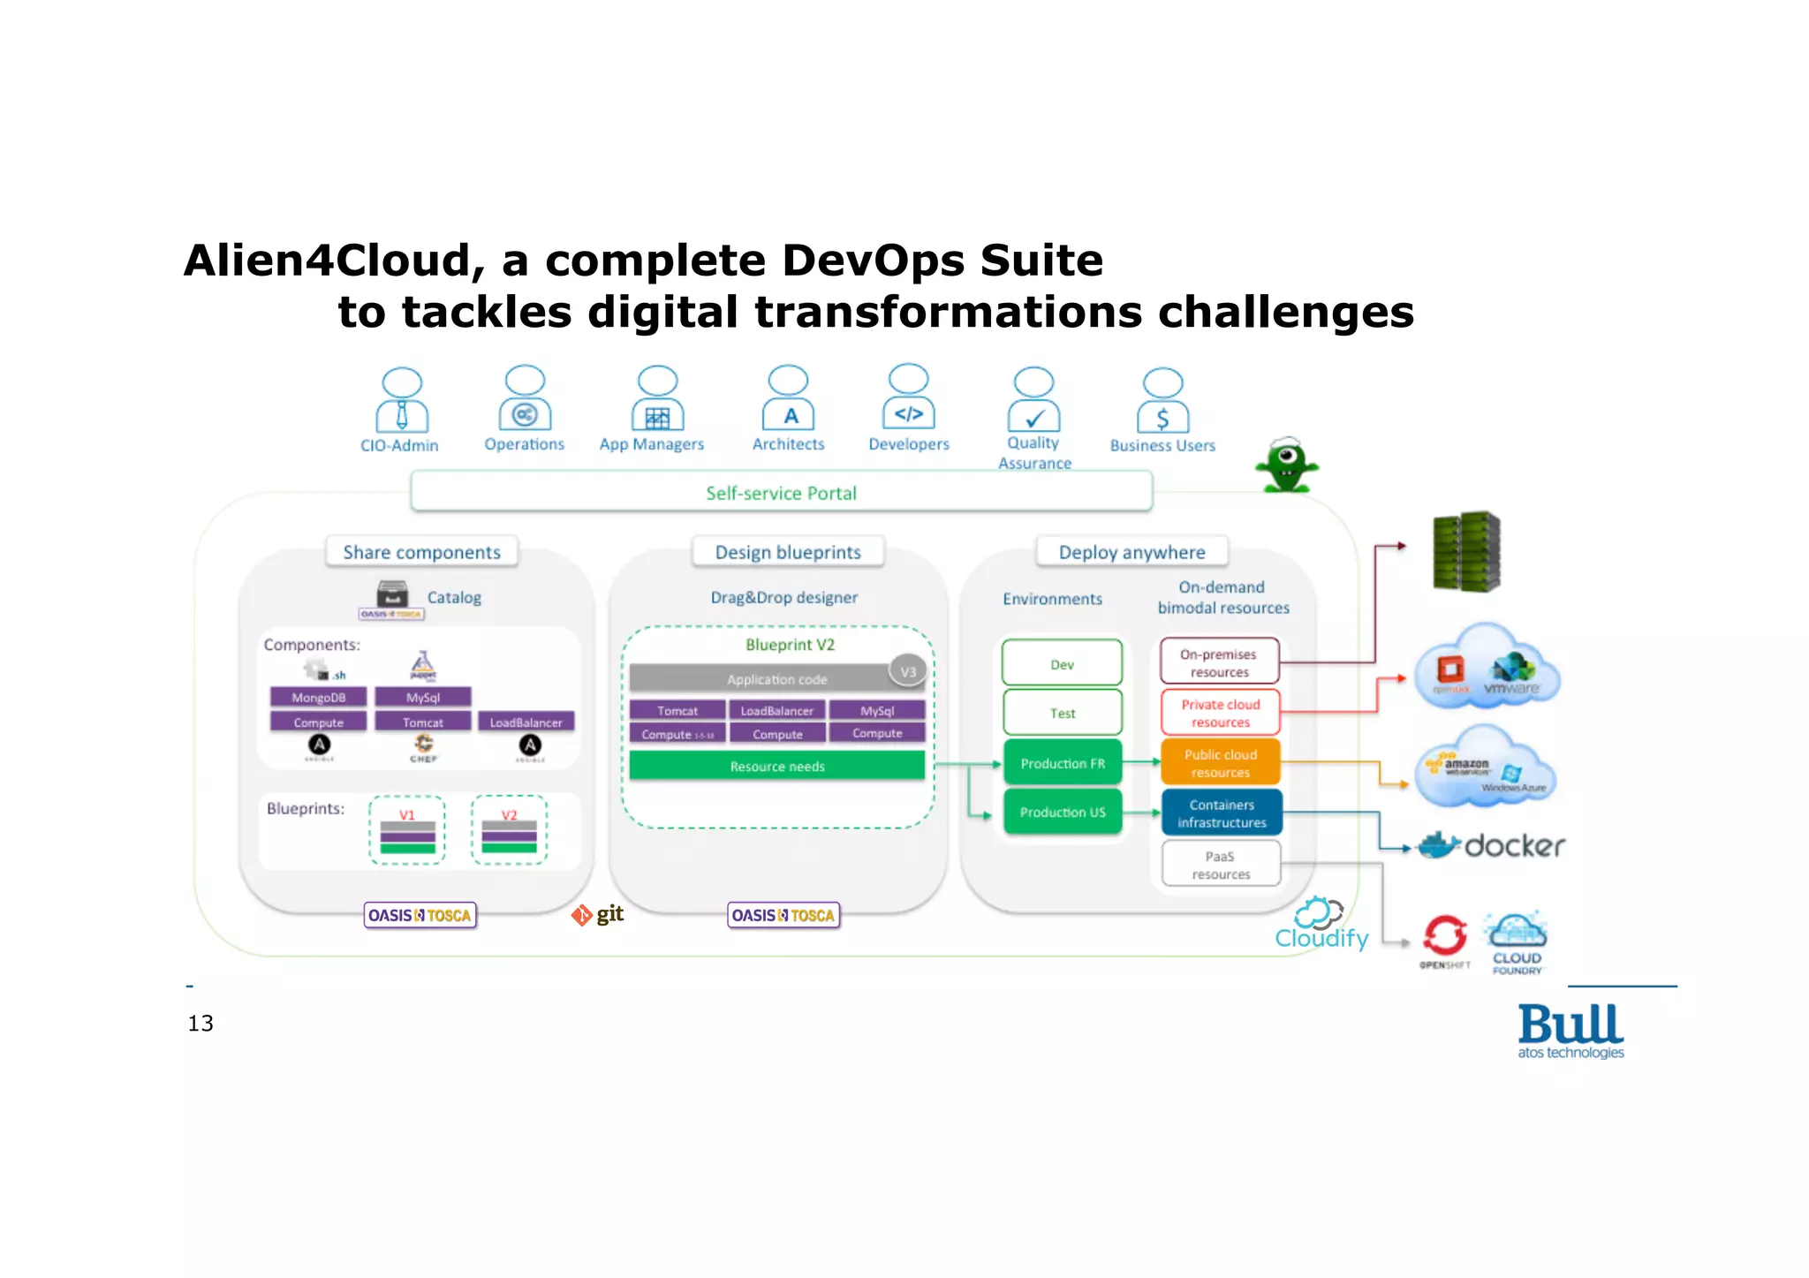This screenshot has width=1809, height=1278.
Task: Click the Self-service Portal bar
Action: [781, 492]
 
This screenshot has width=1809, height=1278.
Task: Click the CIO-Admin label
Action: [399, 445]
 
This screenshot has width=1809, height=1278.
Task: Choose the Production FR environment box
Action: [1063, 763]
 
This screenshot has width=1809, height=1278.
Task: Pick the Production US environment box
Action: [1063, 812]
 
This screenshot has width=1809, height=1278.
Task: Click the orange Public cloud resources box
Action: [1220, 763]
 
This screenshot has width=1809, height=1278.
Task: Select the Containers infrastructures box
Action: [1221, 813]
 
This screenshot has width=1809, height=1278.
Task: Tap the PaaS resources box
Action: [1221, 864]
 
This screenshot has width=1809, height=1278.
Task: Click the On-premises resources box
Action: [1219, 662]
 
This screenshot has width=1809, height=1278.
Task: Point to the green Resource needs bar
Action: [777, 766]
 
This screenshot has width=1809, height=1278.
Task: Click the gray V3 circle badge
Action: [908, 671]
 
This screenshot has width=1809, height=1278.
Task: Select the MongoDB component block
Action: [318, 697]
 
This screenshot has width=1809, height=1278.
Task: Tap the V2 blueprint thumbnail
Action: [509, 830]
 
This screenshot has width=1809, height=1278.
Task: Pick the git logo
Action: [598, 915]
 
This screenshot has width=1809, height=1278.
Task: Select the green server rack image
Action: [1466, 550]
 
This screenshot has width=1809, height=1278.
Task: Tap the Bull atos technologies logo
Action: [1571, 1030]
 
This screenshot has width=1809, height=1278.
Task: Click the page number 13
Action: [201, 1023]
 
